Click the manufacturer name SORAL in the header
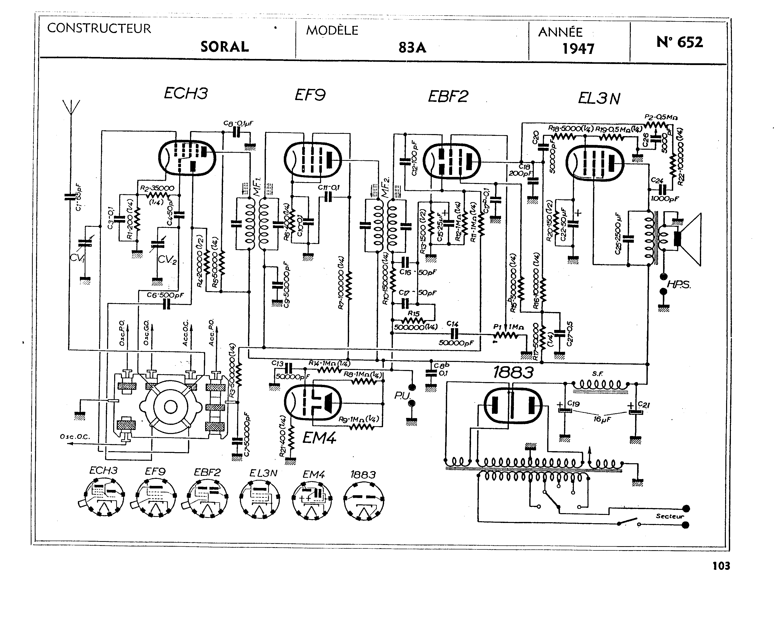(225, 47)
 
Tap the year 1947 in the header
(578, 49)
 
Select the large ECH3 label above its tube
(186, 94)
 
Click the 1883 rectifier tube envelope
(513, 405)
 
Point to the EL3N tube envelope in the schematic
(595, 163)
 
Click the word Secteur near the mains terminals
(669, 516)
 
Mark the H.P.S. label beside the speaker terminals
(679, 284)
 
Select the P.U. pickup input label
(402, 396)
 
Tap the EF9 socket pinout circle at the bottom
(156, 498)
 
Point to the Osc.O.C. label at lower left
(75, 437)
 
